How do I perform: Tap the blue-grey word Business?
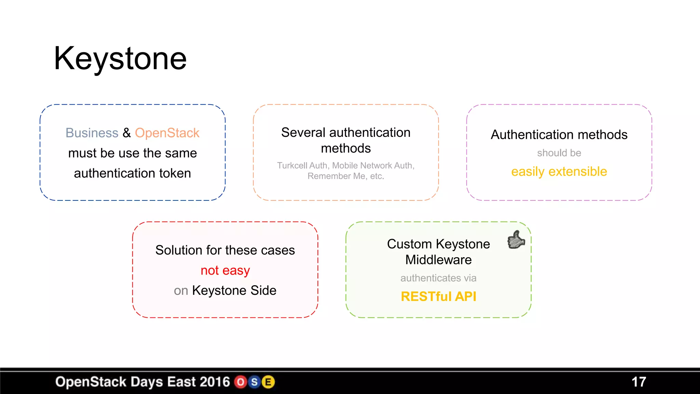pyautogui.click(x=92, y=133)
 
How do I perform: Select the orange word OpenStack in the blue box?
pyautogui.click(x=167, y=133)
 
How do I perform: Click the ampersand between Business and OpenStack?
pyautogui.click(x=126, y=133)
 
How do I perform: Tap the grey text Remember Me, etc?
pyautogui.click(x=346, y=176)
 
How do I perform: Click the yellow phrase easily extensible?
pyautogui.click(x=559, y=171)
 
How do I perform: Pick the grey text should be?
pyautogui.click(x=559, y=153)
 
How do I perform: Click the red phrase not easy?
pyautogui.click(x=225, y=271)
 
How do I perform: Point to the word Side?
pyautogui.click(x=263, y=290)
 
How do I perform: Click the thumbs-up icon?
pyautogui.click(x=516, y=239)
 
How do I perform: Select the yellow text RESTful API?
pyautogui.click(x=438, y=297)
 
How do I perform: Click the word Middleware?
pyautogui.click(x=438, y=260)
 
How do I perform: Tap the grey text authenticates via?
pyautogui.click(x=438, y=278)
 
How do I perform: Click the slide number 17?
pyautogui.click(x=638, y=382)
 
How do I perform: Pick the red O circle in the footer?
pyautogui.click(x=241, y=382)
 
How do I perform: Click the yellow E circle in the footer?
pyautogui.click(x=268, y=382)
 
